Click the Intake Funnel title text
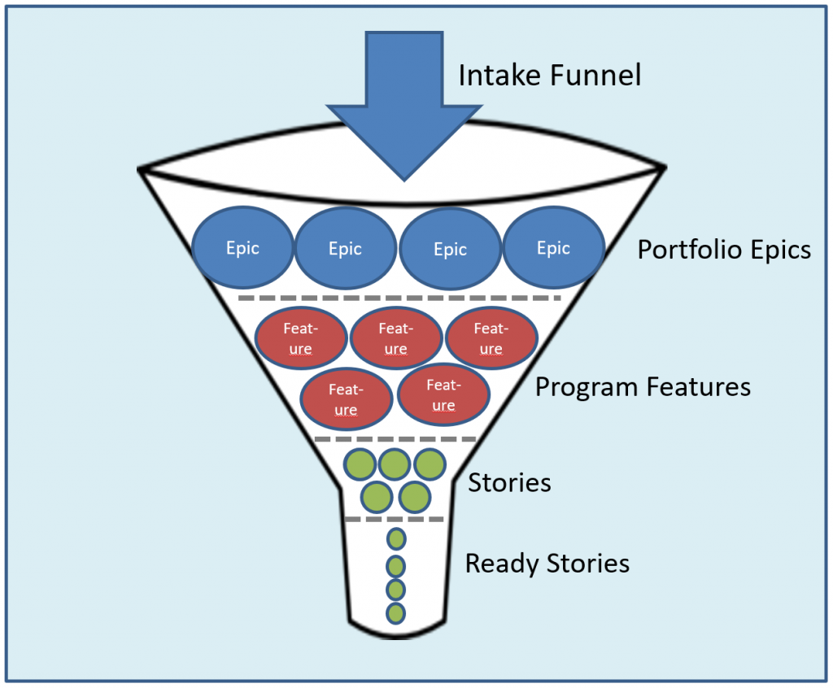click(550, 75)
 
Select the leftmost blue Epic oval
click(242, 247)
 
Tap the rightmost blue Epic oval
click(553, 247)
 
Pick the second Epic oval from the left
click(345, 248)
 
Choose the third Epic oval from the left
click(450, 249)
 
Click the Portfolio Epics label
click(724, 250)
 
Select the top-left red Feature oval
click(301, 337)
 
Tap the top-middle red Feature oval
click(396, 337)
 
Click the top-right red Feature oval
click(491, 337)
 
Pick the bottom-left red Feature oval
click(346, 399)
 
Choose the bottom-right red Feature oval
click(443, 394)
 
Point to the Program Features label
click(643, 387)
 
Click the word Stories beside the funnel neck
click(509, 483)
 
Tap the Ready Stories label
click(547, 564)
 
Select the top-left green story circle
click(360, 464)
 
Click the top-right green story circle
click(430, 464)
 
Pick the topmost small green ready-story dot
click(396, 539)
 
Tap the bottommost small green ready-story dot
click(396, 613)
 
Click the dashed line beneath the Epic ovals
click(399, 298)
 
